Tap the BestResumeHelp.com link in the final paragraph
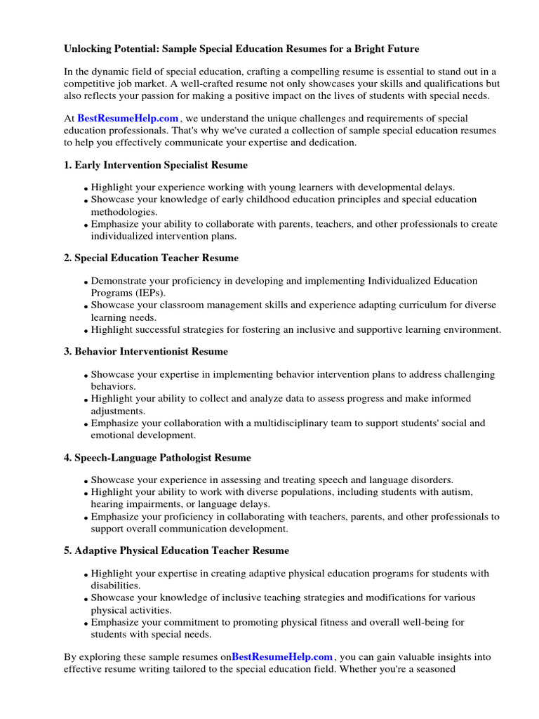282,657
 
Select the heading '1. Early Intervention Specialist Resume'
155,165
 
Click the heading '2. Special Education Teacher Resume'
151,258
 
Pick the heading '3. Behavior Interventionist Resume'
145,351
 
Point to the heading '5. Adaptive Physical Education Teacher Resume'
176,550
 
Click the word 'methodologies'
123,211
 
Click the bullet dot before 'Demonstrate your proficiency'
86,282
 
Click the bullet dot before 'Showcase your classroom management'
86,307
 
